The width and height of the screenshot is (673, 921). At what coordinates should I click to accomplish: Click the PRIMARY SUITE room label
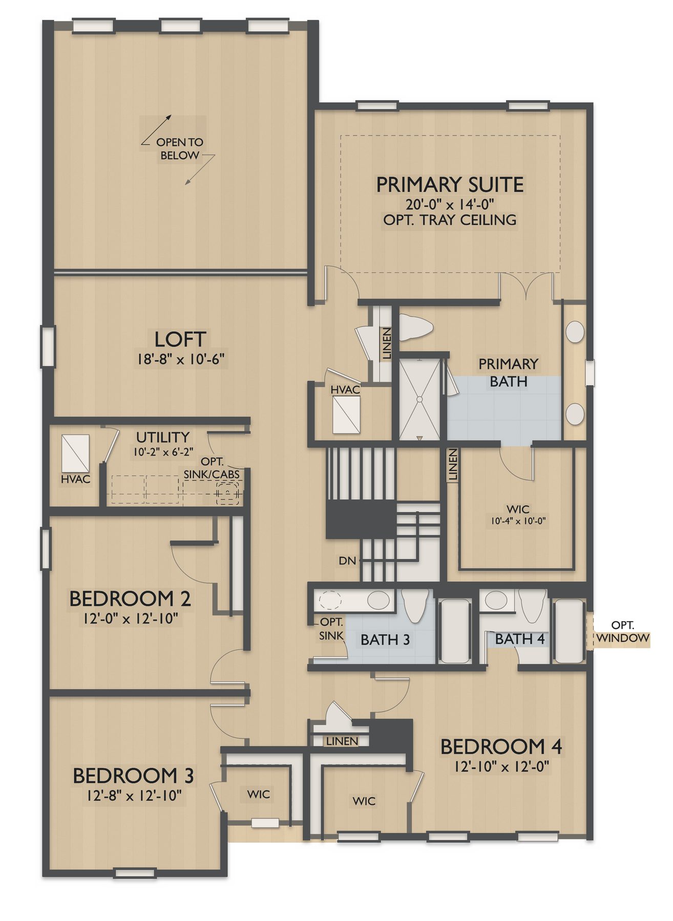(x=450, y=185)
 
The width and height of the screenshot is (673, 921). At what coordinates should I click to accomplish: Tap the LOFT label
(x=180, y=339)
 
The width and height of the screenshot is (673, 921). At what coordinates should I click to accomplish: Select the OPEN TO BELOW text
(x=180, y=148)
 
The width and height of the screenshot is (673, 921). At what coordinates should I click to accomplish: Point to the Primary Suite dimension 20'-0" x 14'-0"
(x=450, y=205)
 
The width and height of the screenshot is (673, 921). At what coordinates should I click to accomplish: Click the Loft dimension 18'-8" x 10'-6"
(x=180, y=359)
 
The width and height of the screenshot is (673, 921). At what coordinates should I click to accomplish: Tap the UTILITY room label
(x=163, y=437)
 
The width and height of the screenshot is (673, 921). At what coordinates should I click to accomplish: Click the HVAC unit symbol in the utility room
(x=75, y=453)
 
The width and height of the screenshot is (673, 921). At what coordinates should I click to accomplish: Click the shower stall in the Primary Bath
(x=419, y=399)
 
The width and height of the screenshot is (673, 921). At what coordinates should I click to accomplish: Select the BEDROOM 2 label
(x=130, y=599)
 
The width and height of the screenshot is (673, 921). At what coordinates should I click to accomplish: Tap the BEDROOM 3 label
(x=133, y=776)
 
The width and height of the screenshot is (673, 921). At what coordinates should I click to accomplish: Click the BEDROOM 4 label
(x=501, y=747)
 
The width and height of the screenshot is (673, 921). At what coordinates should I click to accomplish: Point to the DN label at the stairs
(x=347, y=561)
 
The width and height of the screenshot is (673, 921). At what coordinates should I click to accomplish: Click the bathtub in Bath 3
(x=456, y=630)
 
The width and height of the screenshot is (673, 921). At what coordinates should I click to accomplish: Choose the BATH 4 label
(x=519, y=639)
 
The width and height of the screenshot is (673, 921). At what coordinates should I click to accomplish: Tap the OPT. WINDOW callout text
(x=623, y=632)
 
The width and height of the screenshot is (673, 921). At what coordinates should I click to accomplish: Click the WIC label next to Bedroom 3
(x=259, y=794)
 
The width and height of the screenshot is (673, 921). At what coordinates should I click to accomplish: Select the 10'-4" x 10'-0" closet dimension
(x=518, y=521)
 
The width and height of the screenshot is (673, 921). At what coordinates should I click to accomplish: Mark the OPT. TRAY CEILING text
(x=450, y=221)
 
